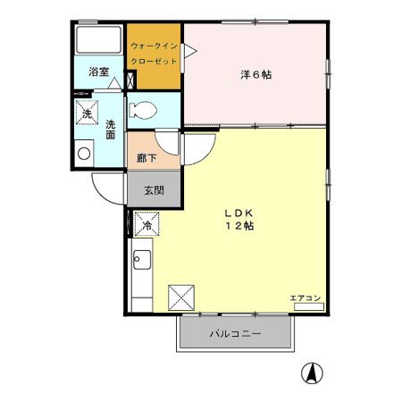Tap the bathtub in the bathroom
[98, 40]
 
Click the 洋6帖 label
[256, 74]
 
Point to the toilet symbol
[143, 112]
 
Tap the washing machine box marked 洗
[87, 113]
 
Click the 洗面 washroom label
[110, 130]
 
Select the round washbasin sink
[84, 153]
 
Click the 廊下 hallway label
[147, 158]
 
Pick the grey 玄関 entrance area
[154, 189]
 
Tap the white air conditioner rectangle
[308, 306]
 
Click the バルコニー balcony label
[236, 334]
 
